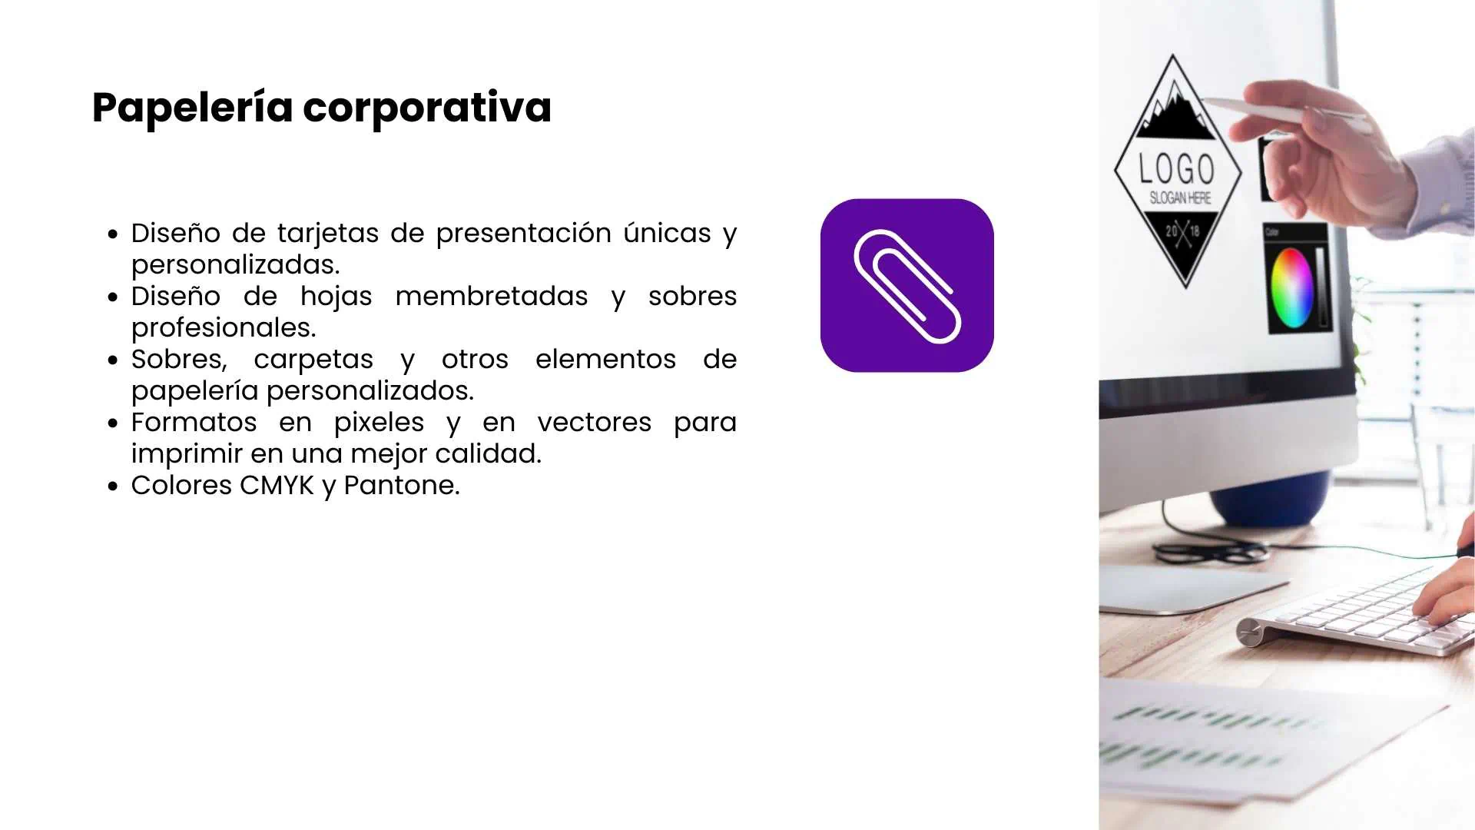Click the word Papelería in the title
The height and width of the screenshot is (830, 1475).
pyautogui.click(x=192, y=108)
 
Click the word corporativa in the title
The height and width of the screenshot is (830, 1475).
pyautogui.click(x=427, y=108)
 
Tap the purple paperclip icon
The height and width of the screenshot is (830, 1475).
pyautogui.click(x=907, y=286)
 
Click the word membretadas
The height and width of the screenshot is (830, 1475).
pyautogui.click(x=491, y=296)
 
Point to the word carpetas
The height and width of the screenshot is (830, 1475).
pyautogui.click(x=313, y=359)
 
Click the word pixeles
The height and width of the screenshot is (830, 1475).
pyautogui.click(x=379, y=422)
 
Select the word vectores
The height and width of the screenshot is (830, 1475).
pyautogui.click(x=594, y=422)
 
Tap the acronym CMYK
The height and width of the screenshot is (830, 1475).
pyautogui.click(x=277, y=485)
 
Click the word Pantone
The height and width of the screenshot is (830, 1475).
pyautogui.click(x=401, y=485)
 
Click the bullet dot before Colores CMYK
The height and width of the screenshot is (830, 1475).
pyautogui.click(x=114, y=486)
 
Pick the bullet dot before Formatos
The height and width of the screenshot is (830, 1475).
pyautogui.click(x=114, y=423)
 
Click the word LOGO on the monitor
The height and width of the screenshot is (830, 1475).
pyautogui.click(x=1176, y=169)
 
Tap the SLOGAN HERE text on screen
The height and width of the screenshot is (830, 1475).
pyautogui.click(x=1180, y=198)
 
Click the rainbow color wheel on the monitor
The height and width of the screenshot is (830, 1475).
pyautogui.click(x=1292, y=287)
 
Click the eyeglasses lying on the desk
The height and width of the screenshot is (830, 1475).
pyautogui.click(x=1210, y=550)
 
